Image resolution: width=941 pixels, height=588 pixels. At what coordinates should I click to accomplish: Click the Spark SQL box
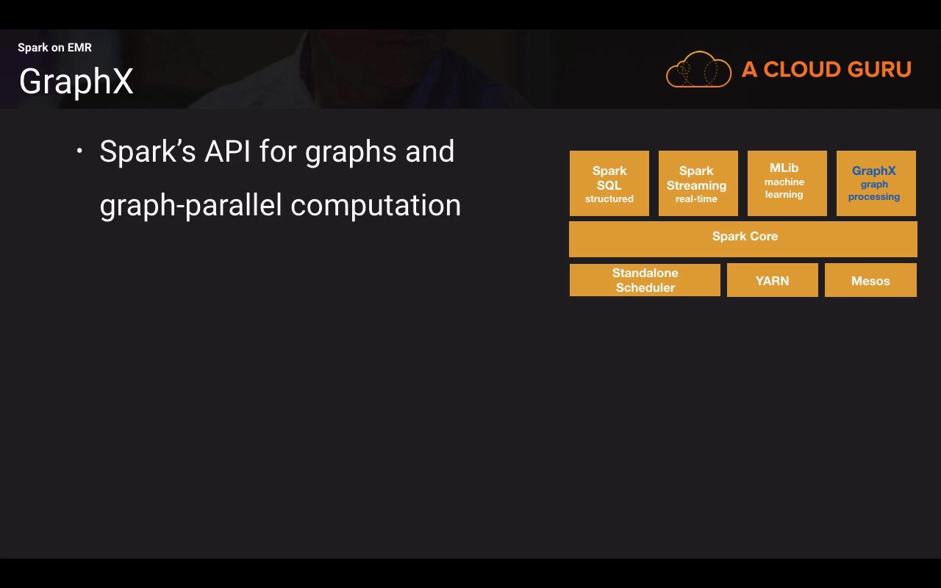609,184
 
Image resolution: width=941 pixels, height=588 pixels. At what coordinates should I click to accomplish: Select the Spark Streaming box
698,184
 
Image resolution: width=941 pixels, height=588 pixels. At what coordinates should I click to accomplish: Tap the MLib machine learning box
787,184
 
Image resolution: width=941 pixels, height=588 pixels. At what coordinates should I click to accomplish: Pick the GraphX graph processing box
876,184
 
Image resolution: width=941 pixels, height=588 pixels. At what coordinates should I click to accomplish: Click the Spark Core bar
743,239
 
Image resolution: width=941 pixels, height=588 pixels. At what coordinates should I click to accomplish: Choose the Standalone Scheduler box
645,280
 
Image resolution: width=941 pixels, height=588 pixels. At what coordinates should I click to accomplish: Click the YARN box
773,280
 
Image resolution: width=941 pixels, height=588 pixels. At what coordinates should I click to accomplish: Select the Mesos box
871,280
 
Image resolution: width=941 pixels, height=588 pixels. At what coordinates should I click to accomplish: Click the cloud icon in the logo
698,69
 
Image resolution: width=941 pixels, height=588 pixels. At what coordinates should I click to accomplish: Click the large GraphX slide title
76,82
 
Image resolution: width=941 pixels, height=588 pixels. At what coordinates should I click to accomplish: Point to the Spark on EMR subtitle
54,48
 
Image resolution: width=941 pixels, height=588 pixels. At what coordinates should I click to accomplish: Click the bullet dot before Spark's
79,151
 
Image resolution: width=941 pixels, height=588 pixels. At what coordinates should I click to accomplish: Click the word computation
376,206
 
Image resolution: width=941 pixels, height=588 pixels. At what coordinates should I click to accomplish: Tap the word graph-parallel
190,206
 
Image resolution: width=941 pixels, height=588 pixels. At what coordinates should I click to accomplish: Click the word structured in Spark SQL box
609,198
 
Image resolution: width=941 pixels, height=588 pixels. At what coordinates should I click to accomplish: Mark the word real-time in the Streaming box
696,198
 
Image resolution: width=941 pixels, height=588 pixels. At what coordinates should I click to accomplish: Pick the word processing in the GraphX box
874,197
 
